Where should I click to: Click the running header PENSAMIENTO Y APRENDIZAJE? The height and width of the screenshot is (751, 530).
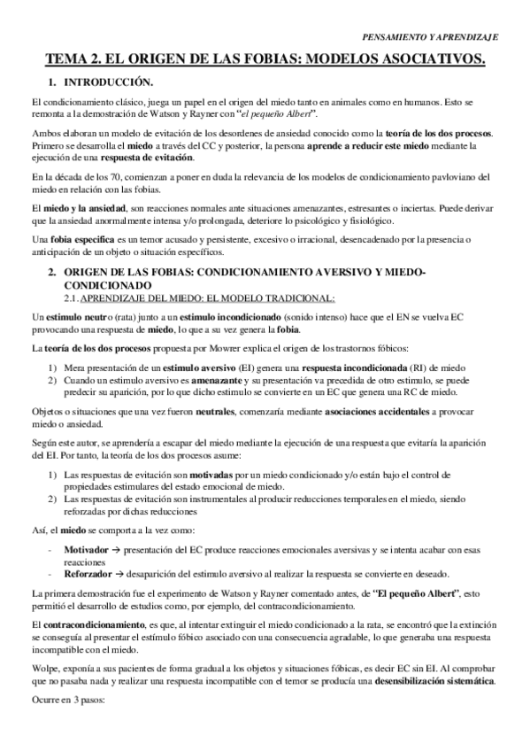coord(431,38)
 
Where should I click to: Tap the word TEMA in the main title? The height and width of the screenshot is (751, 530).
coord(69,60)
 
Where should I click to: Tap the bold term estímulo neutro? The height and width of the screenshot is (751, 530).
coord(74,316)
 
